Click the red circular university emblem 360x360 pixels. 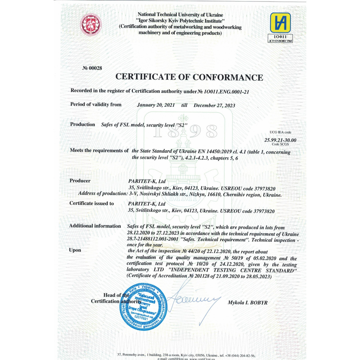coord(90,24)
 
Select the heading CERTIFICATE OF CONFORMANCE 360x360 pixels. coord(189,77)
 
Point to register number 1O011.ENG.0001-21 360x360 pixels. coord(226,91)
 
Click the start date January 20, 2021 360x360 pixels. coord(156,105)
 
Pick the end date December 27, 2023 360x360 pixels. coord(214,105)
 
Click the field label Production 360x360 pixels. coord(82,124)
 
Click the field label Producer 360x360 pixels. coord(80,181)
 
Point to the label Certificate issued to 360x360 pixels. coord(91,203)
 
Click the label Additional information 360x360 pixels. coord(95,226)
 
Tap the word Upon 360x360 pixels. coord(75,250)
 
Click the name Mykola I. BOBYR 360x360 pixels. coord(247,302)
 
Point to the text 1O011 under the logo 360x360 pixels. coord(280,37)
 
